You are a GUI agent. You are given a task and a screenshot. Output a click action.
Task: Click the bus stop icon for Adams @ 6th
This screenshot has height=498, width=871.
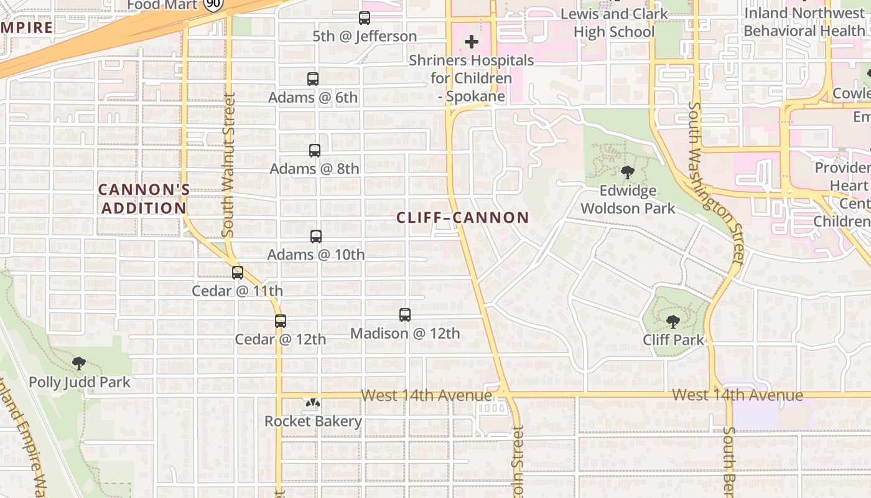313,79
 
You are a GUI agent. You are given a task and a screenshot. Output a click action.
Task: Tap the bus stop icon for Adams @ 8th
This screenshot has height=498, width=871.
315,151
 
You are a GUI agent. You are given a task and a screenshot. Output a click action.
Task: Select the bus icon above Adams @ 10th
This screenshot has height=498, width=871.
316,237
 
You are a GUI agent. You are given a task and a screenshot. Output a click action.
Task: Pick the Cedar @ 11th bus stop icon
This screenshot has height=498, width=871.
238,273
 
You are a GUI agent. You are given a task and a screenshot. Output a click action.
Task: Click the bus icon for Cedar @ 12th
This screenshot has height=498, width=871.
281,321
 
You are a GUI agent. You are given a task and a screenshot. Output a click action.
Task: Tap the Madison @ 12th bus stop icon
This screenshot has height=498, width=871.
405,315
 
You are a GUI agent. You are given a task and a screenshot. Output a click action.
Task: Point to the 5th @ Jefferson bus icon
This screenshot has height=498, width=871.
365,18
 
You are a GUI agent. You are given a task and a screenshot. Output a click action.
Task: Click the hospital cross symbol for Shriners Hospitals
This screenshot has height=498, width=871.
472,42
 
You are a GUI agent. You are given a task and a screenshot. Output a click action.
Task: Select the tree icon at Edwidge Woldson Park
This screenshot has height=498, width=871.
628,172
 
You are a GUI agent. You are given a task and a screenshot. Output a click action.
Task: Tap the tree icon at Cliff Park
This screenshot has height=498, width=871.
673,322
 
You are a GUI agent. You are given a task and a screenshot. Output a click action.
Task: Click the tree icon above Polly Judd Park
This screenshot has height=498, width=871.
79,364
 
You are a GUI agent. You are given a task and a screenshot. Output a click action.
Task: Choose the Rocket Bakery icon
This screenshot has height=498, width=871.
313,403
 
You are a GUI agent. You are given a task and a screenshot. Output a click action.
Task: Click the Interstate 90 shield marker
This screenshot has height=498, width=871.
213,5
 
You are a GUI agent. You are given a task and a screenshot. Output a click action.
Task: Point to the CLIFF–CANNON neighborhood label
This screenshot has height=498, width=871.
463,217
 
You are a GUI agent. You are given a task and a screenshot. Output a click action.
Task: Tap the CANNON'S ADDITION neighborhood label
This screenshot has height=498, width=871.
144,199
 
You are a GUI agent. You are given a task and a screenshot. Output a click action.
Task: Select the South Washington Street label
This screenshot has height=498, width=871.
715,184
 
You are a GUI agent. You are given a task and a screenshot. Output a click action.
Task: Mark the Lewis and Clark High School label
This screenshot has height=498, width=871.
614,22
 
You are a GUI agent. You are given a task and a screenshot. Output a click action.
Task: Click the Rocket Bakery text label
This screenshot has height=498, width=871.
313,421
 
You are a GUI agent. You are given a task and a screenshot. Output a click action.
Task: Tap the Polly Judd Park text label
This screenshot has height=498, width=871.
80,382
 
